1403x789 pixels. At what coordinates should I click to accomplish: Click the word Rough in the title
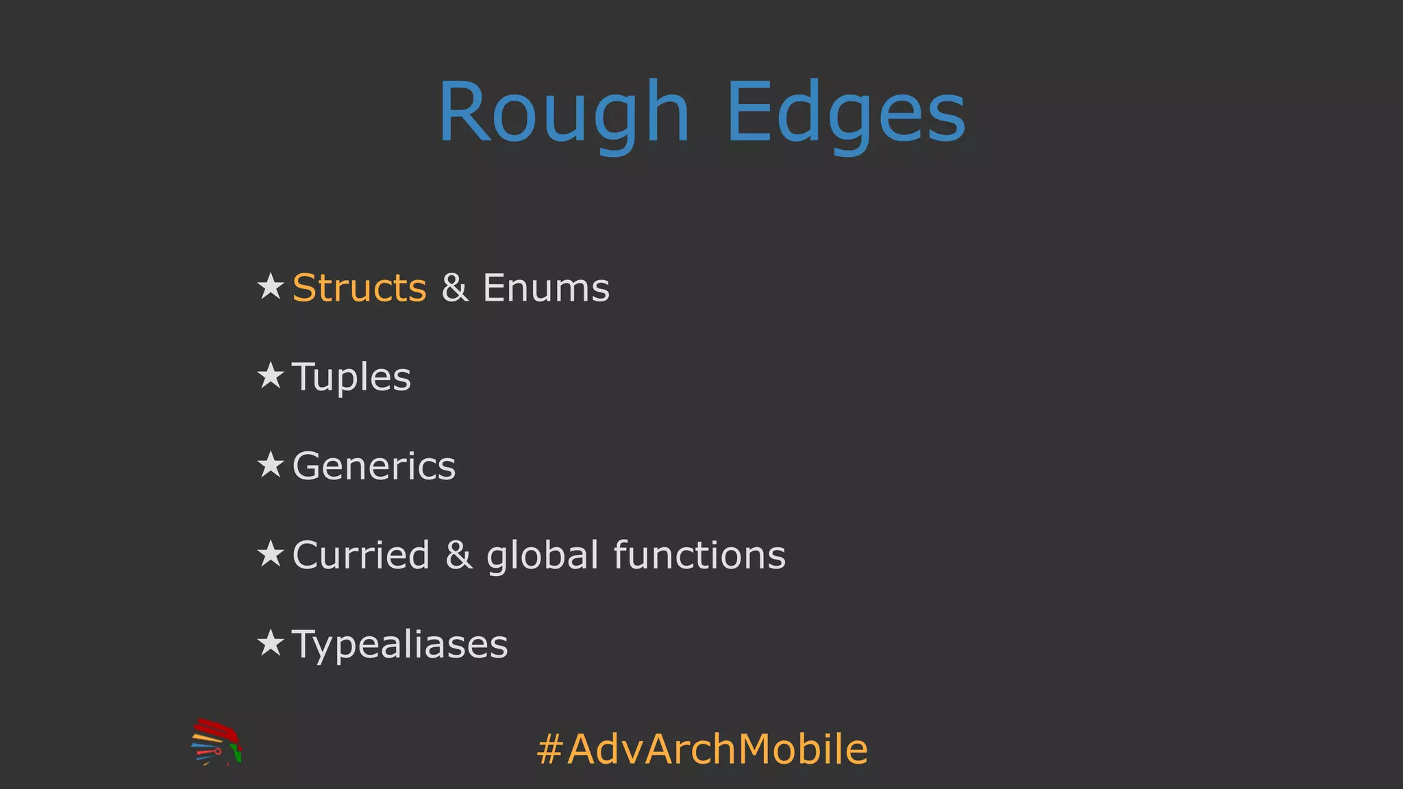(564, 112)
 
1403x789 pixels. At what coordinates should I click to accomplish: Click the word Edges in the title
(846, 112)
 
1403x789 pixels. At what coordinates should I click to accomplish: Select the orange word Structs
(359, 288)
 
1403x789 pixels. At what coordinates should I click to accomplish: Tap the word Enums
(546, 288)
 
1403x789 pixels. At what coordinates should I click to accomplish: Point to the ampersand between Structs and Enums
(455, 288)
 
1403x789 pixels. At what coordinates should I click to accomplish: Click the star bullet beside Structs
(271, 286)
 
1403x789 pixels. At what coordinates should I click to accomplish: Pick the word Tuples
(351, 377)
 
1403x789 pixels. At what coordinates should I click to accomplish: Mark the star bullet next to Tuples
(271, 375)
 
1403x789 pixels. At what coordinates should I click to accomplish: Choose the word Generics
(374, 466)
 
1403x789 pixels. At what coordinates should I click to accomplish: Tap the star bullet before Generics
(271, 465)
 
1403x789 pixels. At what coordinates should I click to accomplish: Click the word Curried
(361, 555)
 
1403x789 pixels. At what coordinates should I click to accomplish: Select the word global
(543, 555)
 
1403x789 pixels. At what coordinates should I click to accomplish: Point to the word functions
(699, 555)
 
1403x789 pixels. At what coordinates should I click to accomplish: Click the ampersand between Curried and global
(458, 555)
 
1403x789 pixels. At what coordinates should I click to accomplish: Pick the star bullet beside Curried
(271, 553)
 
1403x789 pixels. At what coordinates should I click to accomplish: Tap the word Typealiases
(400, 644)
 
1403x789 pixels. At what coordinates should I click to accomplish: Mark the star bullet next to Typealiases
(271, 643)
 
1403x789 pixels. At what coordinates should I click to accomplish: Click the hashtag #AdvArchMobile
(702, 749)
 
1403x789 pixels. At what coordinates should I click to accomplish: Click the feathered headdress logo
(216, 742)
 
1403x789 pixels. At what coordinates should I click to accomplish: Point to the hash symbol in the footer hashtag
(549, 749)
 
